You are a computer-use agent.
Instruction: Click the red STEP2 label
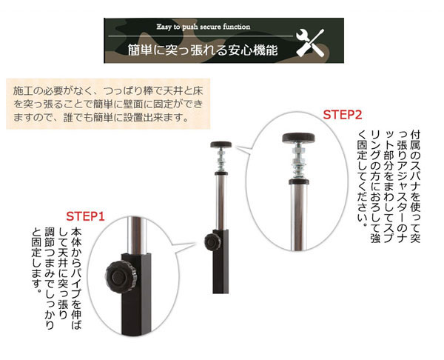pos(342,115)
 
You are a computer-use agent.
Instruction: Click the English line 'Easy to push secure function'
pos(203,27)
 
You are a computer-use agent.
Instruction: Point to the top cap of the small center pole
pos(221,144)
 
